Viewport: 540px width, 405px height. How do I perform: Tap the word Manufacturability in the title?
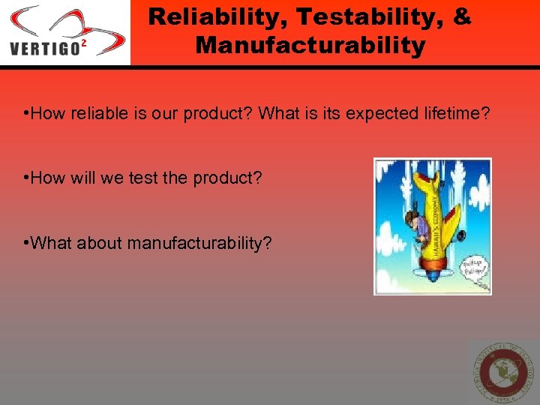[x=310, y=46]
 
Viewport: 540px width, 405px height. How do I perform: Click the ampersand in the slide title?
[x=462, y=17]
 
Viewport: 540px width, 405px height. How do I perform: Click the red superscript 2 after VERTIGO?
[x=83, y=43]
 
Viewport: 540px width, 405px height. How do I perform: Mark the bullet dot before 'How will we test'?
[x=26, y=178]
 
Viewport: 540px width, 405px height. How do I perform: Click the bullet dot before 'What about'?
[x=26, y=244]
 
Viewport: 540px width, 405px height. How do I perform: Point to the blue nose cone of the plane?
[x=434, y=274]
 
